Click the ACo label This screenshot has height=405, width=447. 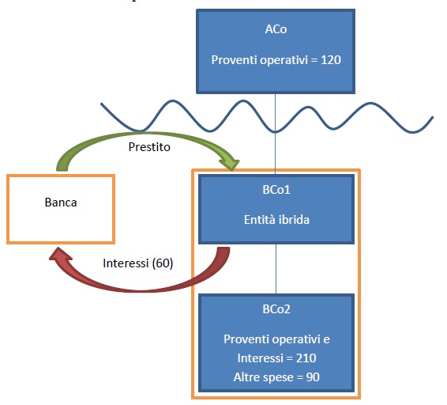(276, 29)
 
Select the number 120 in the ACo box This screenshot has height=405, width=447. (331, 60)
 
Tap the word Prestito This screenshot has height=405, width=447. (149, 147)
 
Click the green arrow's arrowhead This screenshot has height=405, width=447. (231, 164)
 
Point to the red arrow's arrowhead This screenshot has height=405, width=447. (61, 254)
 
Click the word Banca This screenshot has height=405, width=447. (61, 202)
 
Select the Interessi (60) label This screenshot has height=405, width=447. (138, 263)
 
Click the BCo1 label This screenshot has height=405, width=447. (276, 190)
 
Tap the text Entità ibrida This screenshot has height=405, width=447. (276, 220)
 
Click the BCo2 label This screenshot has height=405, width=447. (276, 309)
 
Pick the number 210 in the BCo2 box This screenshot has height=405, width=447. (306, 358)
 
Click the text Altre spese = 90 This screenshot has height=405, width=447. (276, 377)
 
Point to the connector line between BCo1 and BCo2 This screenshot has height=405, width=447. (276, 269)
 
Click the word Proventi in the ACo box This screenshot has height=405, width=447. (235, 60)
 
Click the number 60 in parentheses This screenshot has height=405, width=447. (163, 263)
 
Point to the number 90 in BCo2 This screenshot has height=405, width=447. (313, 377)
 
